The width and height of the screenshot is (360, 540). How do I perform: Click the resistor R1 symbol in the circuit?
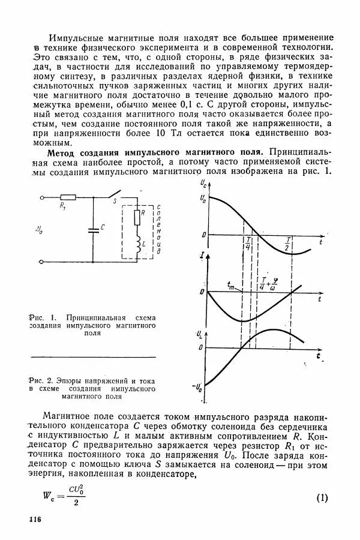point(68,196)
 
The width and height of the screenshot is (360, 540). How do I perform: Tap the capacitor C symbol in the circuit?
point(93,229)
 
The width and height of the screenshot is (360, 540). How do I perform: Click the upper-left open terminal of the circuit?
point(41,196)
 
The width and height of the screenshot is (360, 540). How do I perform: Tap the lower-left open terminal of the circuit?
point(41,262)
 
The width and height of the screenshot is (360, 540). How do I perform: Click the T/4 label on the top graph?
point(248,243)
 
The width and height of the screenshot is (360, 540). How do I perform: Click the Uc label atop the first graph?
point(205,182)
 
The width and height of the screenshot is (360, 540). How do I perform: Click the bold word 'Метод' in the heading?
point(63,153)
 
